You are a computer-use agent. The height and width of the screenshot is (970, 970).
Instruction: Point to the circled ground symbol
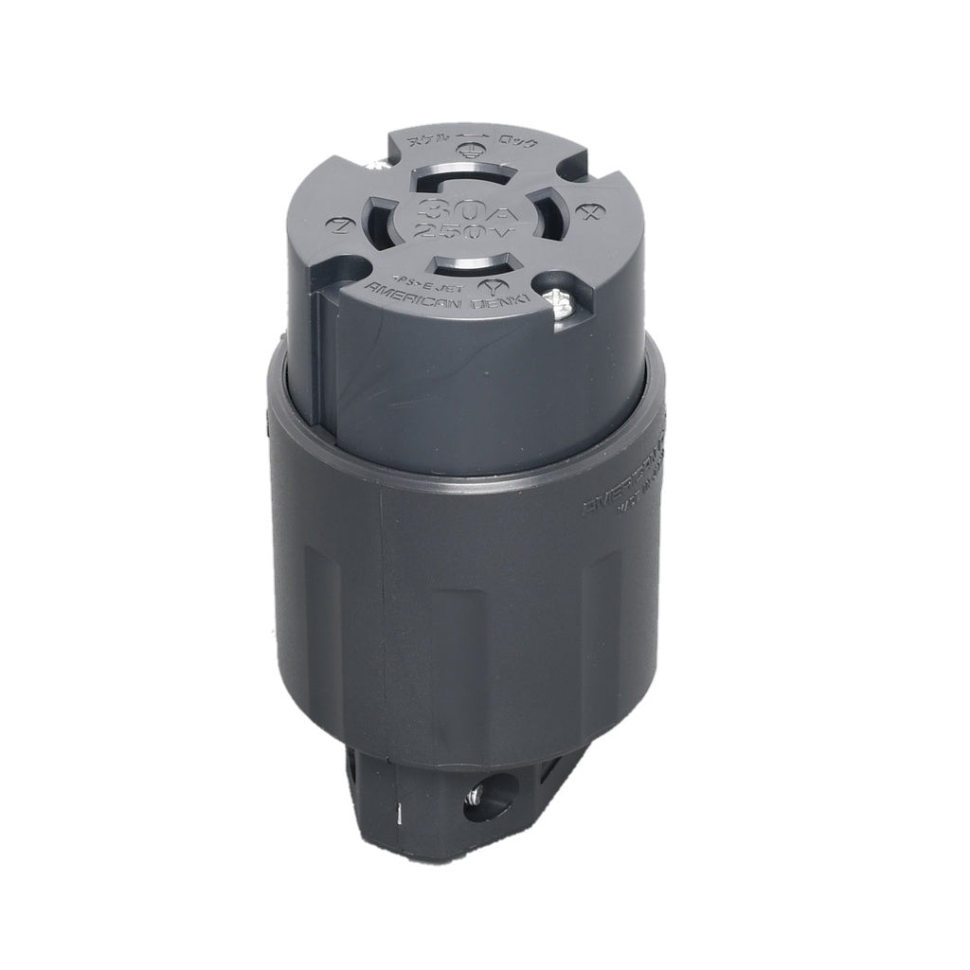point(472,149)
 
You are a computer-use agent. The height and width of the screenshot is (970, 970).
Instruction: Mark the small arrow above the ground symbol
point(473,135)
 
